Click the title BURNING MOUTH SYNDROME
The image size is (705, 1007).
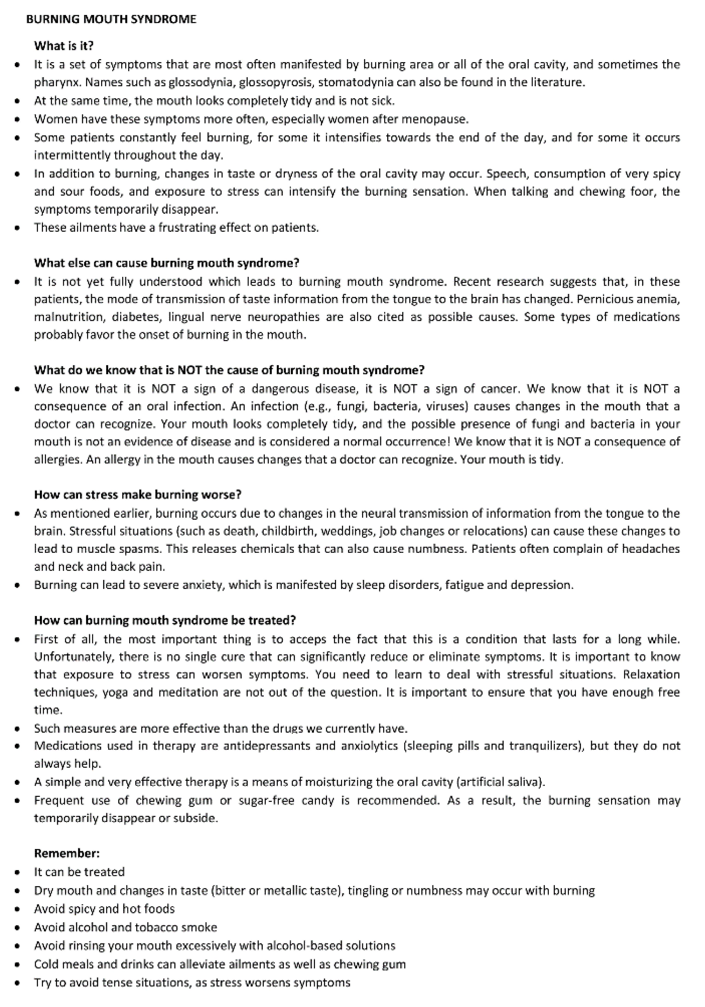111,19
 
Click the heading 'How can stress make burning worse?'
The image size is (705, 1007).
138,495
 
